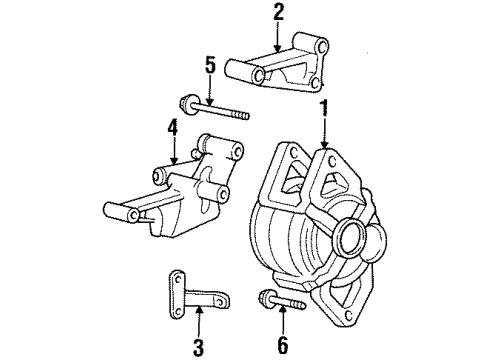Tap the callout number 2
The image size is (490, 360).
(279, 13)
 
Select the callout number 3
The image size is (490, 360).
(198, 348)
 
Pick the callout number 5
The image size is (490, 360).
(210, 66)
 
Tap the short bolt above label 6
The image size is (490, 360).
(281, 297)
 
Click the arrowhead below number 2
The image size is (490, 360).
(279, 47)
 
